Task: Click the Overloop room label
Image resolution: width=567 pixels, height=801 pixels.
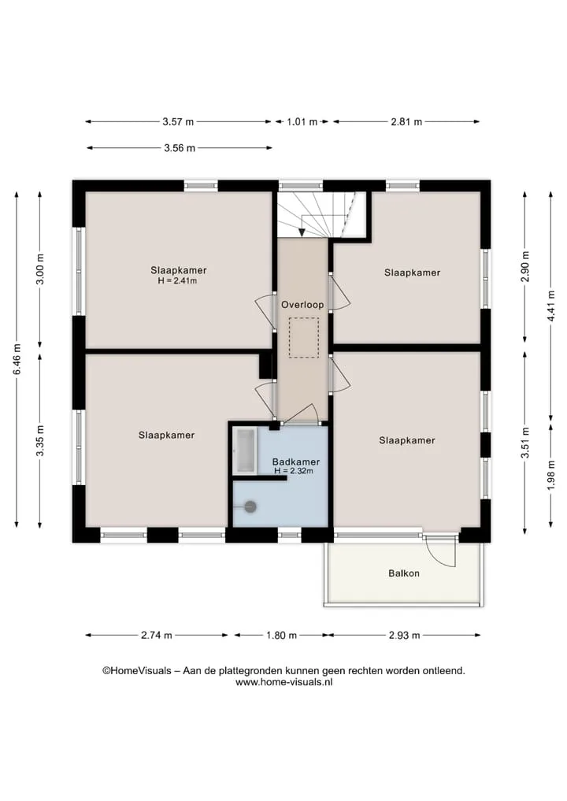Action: pos(302,305)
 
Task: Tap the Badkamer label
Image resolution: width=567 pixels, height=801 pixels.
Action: pos(296,462)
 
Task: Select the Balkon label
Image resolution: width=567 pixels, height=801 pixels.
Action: pos(404,573)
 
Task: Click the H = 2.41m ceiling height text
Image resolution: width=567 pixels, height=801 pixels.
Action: pos(178,280)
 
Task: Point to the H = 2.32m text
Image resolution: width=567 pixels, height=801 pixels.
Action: pos(294,471)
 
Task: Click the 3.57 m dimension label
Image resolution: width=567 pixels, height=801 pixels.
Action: pos(178,121)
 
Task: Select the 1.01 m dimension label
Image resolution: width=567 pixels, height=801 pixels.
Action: pos(302,121)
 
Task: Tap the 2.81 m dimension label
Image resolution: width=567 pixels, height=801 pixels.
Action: pos(406,121)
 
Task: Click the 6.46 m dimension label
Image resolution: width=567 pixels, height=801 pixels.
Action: pos(17,359)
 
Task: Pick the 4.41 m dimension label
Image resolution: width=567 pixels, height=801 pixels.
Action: pos(550,306)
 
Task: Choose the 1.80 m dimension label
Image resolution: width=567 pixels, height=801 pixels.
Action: pos(281,635)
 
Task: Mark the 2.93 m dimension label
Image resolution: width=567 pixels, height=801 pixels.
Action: pos(405,635)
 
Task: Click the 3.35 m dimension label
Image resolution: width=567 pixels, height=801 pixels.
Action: pos(40,440)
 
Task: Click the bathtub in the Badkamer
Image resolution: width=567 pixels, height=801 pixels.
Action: pos(245,451)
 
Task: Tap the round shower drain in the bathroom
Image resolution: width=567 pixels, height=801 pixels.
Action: pos(250,506)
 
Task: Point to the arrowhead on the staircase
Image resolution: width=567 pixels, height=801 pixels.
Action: pos(302,232)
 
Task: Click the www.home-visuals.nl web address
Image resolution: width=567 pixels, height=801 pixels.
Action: pos(284,682)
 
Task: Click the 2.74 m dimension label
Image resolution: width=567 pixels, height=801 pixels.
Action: pos(156,635)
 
